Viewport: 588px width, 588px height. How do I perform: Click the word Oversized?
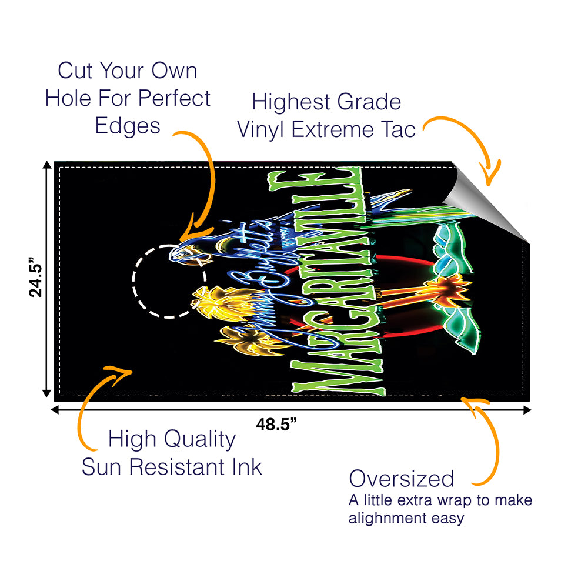pos(402,479)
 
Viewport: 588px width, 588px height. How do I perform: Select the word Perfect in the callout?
pos(178,98)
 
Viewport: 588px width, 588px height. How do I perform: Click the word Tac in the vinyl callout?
pos(397,129)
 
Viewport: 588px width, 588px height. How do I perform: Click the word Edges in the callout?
pos(128,126)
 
